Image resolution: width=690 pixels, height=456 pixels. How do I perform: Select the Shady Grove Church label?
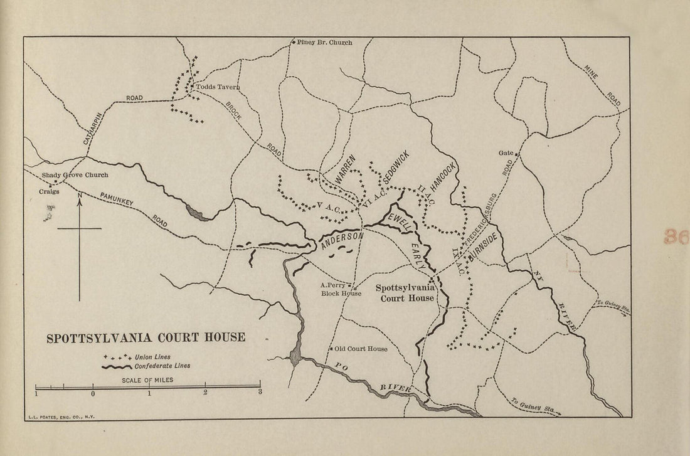tap(75, 176)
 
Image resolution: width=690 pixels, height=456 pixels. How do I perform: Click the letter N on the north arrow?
tap(80, 195)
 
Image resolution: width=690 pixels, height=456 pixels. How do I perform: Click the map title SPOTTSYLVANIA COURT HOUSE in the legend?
tap(146, 338)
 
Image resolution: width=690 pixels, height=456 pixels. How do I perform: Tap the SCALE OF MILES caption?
tap(148, 380)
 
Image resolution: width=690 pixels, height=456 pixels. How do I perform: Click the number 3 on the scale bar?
tap(260, 393)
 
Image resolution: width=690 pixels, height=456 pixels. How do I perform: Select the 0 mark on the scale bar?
tap(93, 394)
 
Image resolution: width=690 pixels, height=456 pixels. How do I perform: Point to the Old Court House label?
tap(361, 349)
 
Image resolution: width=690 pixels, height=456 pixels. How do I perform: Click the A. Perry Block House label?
tap(341, 289)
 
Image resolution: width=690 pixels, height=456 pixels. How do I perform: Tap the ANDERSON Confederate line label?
tap(342, 241)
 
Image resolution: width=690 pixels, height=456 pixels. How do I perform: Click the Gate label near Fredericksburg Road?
tap(506, 152)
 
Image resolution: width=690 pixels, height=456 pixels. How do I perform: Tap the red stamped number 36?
tap(676, 236)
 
